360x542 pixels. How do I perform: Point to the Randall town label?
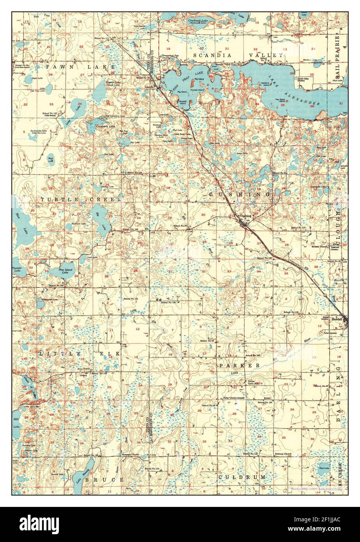pyautogui.click(x=337, y=319)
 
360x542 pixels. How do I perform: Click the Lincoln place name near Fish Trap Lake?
pyautogui.click(x=149, y=87)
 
